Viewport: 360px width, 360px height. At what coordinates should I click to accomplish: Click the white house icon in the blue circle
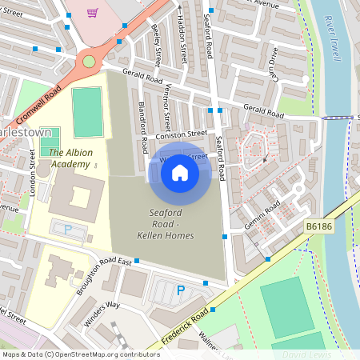(180, 172)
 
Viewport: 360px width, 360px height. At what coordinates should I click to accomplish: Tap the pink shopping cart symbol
(93, 13)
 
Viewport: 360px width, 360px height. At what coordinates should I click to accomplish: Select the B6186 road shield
(318, 228)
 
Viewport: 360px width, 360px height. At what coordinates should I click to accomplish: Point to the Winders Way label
(102, 314)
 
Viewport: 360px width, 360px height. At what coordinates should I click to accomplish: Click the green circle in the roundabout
(88, 61)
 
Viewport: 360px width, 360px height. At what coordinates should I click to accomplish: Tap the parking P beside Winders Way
(180, 290)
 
